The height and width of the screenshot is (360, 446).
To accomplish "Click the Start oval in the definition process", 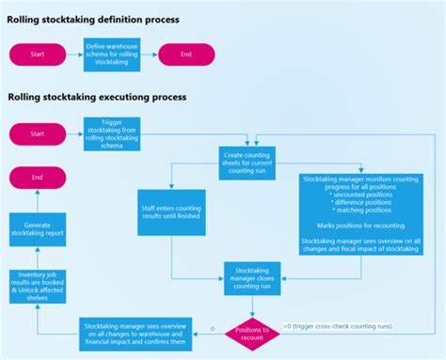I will (37, 55).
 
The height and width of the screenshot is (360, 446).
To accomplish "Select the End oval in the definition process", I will (186, 55).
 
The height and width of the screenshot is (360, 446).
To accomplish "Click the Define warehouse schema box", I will (111, 55).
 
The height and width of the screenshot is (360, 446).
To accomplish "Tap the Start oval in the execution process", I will (37, 133).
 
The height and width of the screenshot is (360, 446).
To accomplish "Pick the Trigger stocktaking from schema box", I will (111, 133).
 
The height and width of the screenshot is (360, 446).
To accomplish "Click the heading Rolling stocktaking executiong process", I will (96, 97).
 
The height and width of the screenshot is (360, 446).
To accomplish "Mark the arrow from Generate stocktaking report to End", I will (37, 202).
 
